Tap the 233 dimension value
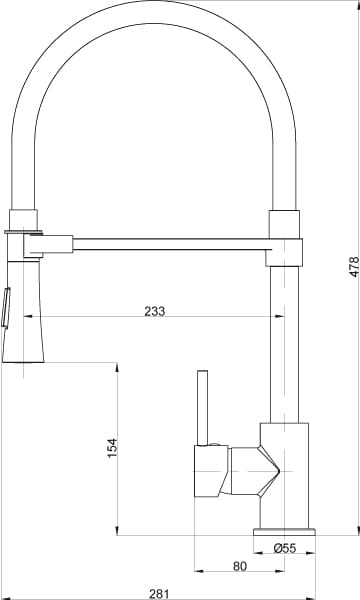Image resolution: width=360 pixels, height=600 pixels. pos(155,311)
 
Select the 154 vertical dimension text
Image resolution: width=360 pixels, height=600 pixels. pos(112,447)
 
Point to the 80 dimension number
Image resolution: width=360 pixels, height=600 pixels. pos(239,565)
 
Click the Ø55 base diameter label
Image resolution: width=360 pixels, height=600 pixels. pos(285,548)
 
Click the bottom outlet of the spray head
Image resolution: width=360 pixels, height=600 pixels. pos(25,362)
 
